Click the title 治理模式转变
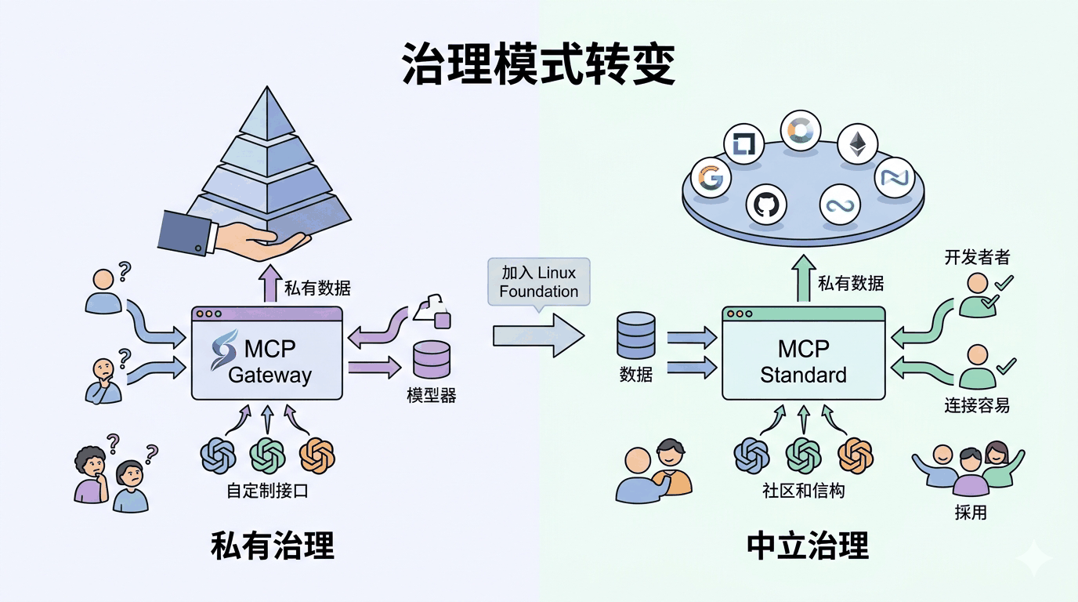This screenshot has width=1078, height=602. click(538, 64)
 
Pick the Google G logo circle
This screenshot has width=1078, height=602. click(710, 177)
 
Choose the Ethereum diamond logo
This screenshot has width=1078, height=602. click(858, 143)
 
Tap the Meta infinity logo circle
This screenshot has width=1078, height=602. click(841, 206)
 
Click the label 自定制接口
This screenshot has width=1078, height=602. click(267, 491)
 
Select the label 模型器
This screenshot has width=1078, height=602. click(431, 396)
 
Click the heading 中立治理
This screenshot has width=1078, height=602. click(808, 546)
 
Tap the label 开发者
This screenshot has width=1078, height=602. click(977, 258)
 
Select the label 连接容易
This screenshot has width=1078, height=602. click(976, 405)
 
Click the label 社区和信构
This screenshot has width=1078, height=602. click(803, 491)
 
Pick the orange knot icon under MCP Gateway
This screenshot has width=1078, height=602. click(317, 455)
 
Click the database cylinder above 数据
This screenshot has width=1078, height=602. click(635, 335)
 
